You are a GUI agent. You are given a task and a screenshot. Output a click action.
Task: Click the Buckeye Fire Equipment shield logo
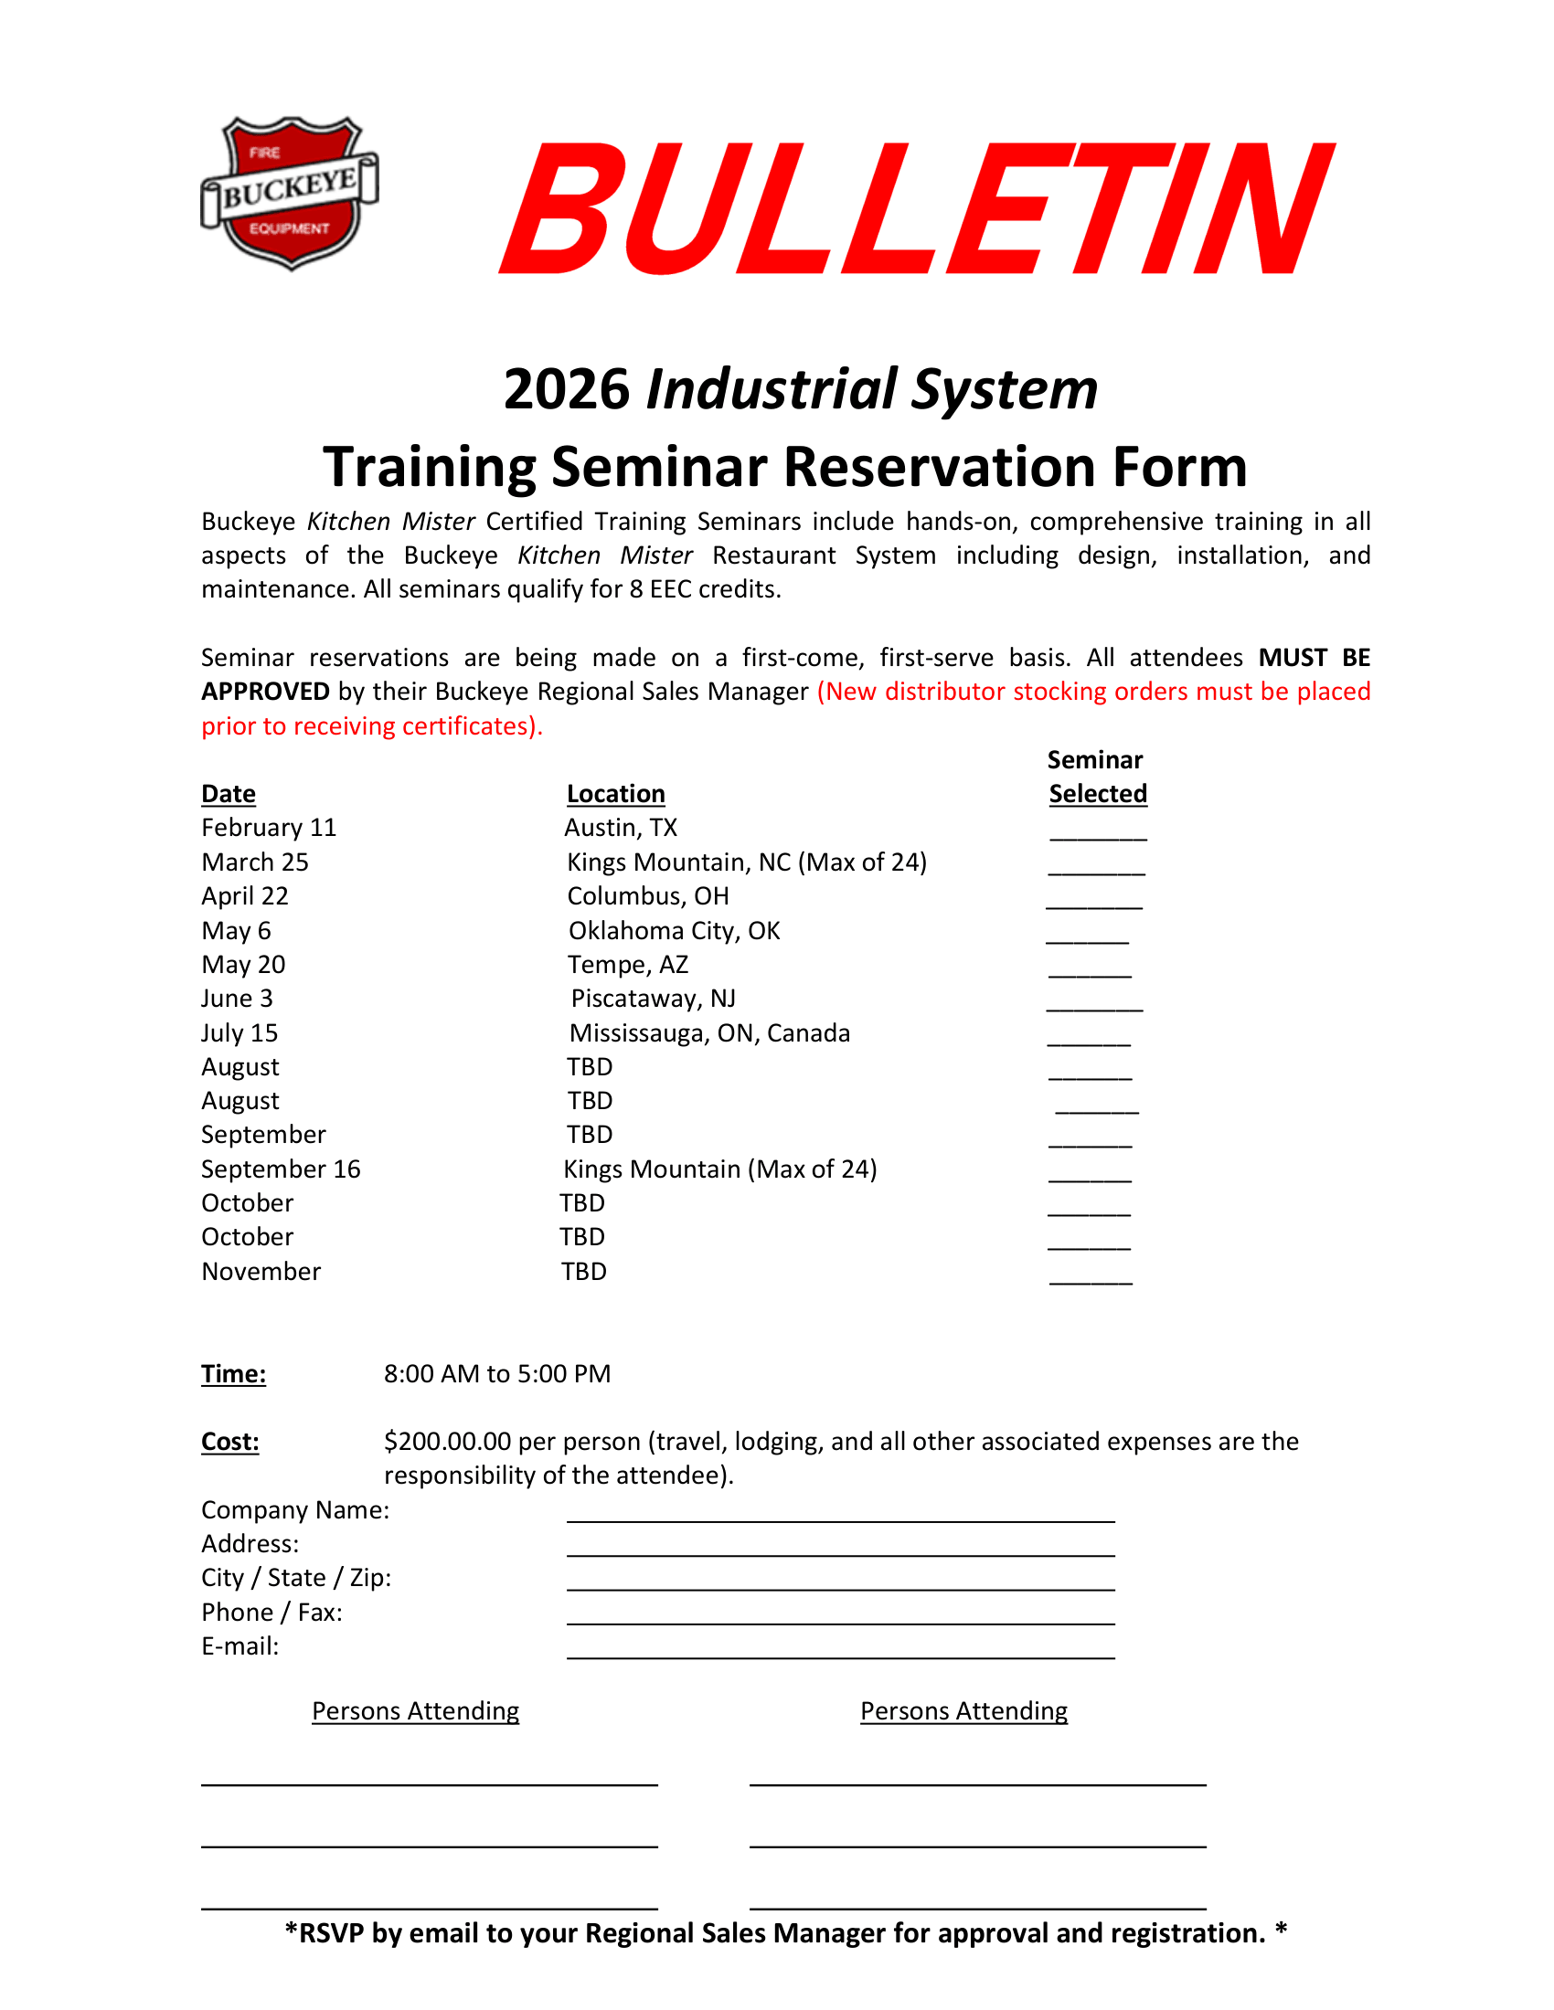[289, 193]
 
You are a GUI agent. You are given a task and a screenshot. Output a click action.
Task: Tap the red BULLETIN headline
[916, 209]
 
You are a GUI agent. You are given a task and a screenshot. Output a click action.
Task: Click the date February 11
[269, 828]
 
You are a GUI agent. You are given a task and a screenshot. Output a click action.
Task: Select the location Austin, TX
[621, 828]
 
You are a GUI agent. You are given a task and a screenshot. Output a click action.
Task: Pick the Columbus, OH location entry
[647, 895]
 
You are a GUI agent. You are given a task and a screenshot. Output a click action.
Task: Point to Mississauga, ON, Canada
[708, 1032]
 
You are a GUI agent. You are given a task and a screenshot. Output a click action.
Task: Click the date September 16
[281, 1169]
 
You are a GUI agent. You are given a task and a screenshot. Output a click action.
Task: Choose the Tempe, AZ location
[627, 965]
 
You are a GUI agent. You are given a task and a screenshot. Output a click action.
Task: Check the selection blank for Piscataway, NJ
[1093, 1005]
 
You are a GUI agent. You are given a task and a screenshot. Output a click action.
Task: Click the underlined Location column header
[615, 793]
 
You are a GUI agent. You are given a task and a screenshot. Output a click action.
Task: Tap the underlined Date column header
[229, 793]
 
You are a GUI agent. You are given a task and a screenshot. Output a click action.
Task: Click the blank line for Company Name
[839, 1515]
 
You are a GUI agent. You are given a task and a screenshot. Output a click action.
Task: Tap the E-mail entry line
[839, 1651]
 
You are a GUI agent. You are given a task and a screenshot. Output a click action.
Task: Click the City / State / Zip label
[296, 1578]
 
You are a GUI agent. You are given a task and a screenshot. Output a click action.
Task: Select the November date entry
[261, 1271]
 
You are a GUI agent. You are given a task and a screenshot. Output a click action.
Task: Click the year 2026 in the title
[566, 388]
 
